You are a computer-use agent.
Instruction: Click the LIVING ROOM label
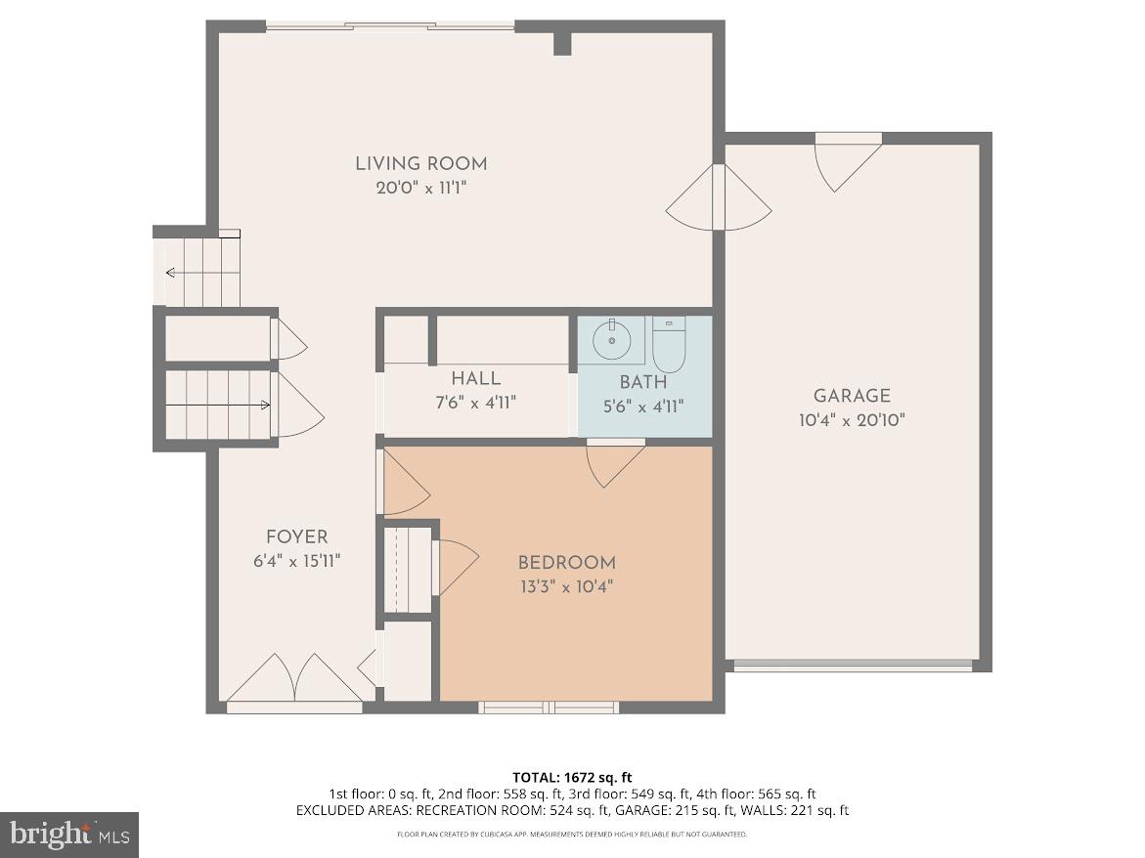(420, 163)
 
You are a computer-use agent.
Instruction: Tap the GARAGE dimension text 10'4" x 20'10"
(852, 420)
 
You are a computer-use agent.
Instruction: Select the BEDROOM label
(566, 562)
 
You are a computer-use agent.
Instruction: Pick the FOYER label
(296, 536)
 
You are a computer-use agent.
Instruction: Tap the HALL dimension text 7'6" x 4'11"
(476, 402)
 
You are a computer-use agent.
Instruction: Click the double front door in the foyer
(295, 679)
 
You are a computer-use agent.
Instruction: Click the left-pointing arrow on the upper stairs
(172, 273)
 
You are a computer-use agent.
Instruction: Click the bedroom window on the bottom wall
(549, 706)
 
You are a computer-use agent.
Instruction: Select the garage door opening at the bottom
(853, 666)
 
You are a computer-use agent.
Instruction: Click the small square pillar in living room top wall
(562, 43)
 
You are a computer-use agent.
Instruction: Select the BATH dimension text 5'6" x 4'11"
(642, 407)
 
